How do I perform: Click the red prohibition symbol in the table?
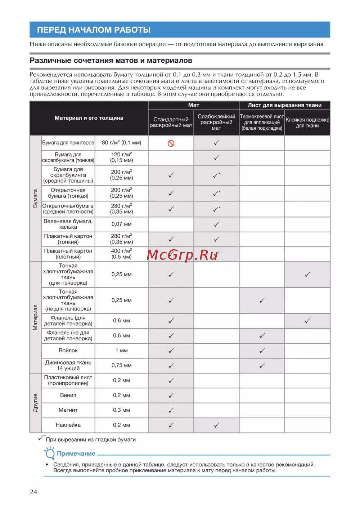[x=171, y=143]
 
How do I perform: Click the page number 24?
[x=33, y=492]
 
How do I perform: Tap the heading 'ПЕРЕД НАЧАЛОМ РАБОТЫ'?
[x=94, y=30]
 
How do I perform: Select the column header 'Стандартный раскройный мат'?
[x=171, y=122]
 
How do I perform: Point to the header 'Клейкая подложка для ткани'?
[x=307, y=122]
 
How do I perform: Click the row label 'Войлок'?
[x=68, y=351]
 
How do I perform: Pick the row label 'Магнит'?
[x=68, y=410]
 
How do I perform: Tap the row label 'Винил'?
[x=68, y=395]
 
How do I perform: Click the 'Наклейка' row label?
[x=68, y=425]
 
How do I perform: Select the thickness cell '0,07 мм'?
[x=122, y=224]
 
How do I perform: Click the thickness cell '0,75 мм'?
[x=122, y=365]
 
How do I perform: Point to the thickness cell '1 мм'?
[x=122, y=351]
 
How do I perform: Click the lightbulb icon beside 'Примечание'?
[x=49, y=453]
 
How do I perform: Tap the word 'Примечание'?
[x=76, y=454]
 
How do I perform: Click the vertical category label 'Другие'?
[x=35, y=403]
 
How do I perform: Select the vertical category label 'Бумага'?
[x=35, y=198]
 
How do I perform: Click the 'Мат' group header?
[x=194, y=105]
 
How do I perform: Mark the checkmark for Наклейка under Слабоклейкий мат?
[x=216, y=425]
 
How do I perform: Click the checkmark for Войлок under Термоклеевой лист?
[x=262, y=351]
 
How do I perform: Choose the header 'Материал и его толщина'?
[x=89, y=118]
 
